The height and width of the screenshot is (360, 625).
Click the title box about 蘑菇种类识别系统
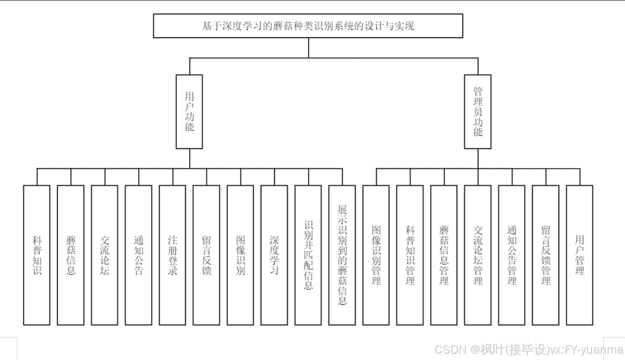(308, 26)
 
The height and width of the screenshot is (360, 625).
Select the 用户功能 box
(190, 112)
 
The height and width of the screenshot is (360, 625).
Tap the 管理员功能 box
(478, 112)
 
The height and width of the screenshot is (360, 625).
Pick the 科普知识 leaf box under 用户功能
(37, 255)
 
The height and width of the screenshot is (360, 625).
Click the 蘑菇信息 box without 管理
(71, 255)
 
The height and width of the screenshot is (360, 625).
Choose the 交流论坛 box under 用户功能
(105, 255)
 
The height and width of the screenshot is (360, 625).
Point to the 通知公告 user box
(139, 255)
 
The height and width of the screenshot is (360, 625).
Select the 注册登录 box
(173, 255)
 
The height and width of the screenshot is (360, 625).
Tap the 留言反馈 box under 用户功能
(206, 255)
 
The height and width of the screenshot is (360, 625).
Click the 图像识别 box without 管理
(240, 255)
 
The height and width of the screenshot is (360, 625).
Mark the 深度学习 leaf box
(274, 255)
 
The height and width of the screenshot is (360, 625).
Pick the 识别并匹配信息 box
(308, 255)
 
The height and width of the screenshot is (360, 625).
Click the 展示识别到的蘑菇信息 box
(342, 255)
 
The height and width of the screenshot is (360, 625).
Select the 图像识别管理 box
(376, 255)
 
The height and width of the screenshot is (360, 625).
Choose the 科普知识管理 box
(410, 255)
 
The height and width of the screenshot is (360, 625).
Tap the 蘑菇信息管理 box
(444, 255)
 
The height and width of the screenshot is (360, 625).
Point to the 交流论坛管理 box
(478, 255)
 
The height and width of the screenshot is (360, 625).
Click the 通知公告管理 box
(512, 255)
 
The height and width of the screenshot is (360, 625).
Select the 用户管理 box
(580, 255)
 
